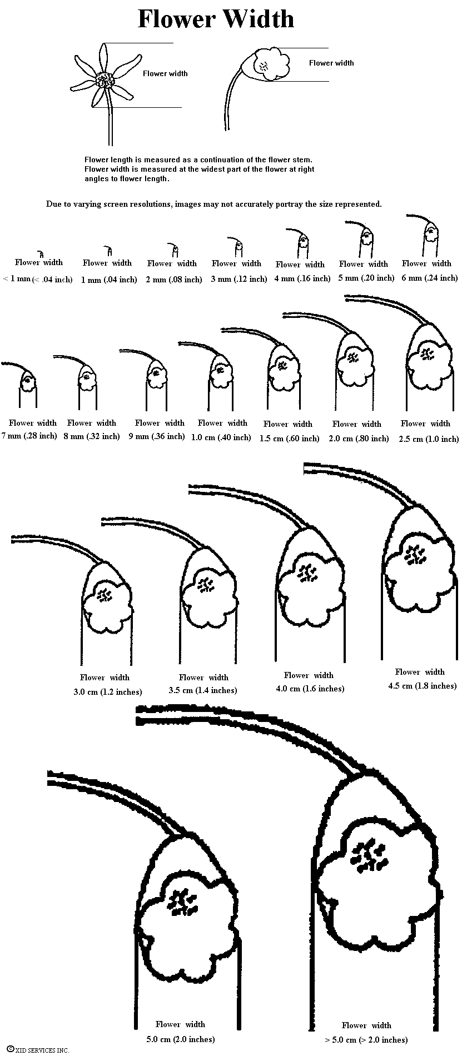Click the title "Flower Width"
tap(216, 19)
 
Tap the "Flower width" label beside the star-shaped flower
tap(165, 73)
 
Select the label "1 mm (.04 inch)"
tap(109, 280)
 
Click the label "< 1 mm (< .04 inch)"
tap(38, 279)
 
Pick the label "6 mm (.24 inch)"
tap(430, 278)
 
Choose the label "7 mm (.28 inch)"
tap(29, 436)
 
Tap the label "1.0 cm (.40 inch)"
tap(221, 437)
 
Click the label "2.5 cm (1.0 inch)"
tap(429, 439)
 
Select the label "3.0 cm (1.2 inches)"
tap(108, 692)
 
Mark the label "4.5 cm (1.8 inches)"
tap(423, 686)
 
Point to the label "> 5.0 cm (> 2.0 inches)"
tap(366, 1039)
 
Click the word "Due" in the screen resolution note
tap(52, 204)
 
